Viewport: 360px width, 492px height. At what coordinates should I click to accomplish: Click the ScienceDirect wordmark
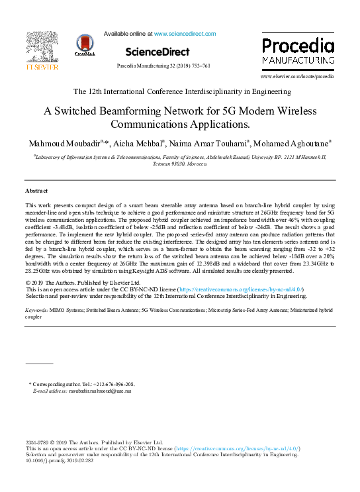coord(157,52)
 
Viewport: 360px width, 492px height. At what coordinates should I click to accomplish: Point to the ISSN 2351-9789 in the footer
coord(38,442)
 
